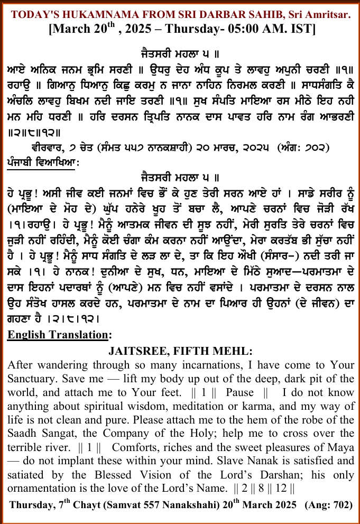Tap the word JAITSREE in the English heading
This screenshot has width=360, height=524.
point(137,351)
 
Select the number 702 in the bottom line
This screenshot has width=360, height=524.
point(340,505)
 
